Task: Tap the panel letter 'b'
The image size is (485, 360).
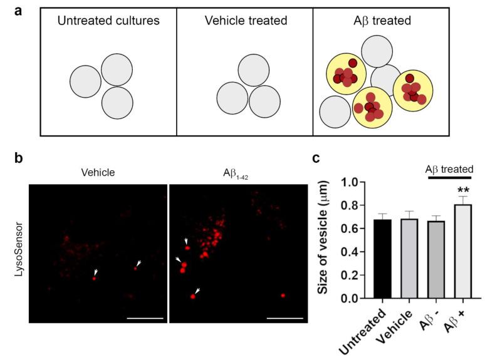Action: coord(19,158)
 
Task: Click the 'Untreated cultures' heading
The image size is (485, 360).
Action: coord(108,21)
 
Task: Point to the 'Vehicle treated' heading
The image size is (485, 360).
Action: coord(246,21)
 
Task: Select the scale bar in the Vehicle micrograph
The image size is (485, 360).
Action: coord(145,317)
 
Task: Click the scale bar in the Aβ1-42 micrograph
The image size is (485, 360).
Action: coord(285,317)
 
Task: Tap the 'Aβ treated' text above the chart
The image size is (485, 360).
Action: coord(449,168)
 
